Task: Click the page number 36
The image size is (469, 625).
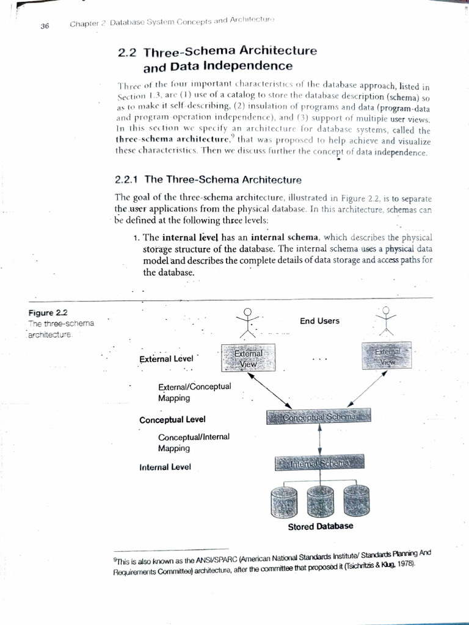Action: coord(45,26)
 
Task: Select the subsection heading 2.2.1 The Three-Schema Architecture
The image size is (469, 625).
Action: coord(208,179)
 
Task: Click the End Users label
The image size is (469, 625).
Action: coord(319,321)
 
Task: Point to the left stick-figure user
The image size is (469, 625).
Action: coord(247,323)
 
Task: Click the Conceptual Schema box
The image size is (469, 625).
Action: coord(319,417)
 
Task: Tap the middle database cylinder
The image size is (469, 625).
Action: coord(319,500)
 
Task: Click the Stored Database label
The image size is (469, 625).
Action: coord(320,526)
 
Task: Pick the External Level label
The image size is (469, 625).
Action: coord(166,359)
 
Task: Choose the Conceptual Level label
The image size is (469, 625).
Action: coord(172,420)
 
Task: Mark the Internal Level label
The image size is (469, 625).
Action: coord(165,467)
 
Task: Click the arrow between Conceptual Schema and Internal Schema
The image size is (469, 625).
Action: coord(321,440)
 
